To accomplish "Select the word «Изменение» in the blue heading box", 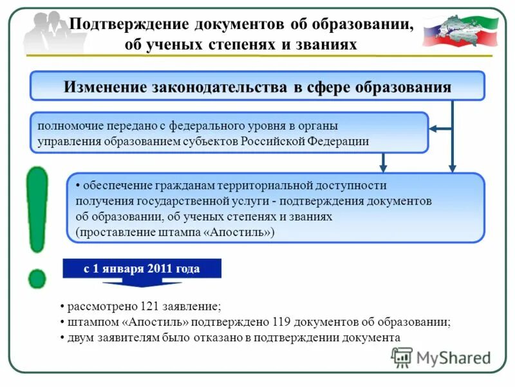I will (104, 87).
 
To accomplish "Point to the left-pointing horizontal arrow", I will (441, 130).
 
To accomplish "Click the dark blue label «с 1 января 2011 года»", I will (142, 268).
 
